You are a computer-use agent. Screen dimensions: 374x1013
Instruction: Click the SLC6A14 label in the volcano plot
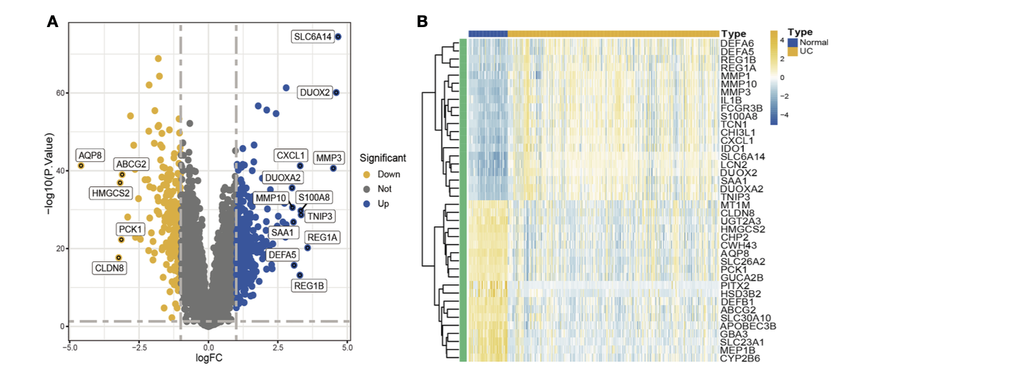pyautogui.click(x=313, y=37)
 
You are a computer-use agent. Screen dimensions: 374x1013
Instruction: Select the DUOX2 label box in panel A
pyautogui.click(x=314, y=93)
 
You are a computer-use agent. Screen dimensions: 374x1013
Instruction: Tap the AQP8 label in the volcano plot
pyautogui.click(x=90, y=155)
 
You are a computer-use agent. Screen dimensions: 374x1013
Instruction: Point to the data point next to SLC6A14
pyautogui.click(x=338, y=37)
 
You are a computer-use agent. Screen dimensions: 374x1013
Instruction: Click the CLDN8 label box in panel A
pyautogui.click(x=110, y=268)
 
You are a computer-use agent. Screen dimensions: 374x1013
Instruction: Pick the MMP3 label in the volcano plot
pyautogui.click(x=329, y=158)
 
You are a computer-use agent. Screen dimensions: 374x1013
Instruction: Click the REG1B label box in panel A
pyautogui.click(x=309, y=286)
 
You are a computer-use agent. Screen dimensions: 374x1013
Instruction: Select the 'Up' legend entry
pyautogui.click(x=383, y=204)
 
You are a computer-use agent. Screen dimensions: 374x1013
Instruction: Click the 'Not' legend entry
pyautogui.click(x=385, y=189)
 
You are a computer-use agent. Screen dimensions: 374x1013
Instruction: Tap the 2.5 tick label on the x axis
pyautogui.click(x=278, y=348)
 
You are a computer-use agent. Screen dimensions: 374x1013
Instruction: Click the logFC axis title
pyautogui.click(x=209, y=358)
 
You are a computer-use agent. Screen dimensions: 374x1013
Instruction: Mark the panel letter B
pyautogui.click(x=422, y=21)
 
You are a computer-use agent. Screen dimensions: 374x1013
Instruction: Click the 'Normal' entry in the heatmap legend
pyautogui.click(x=814, y=43)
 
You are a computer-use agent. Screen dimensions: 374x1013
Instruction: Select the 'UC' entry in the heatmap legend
pyautogui.click(x=806, y=51)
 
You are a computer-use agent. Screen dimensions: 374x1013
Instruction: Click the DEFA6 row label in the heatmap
pyautogui.click(x=737, y=44)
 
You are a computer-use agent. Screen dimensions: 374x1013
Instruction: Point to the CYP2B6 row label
pyautogui.click(x=740, y=359)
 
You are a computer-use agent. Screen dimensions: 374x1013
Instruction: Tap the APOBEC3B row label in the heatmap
pyautogui.click(x=748, y=326)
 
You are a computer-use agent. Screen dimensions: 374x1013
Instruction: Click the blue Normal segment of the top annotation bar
pyautogui.click(x=488, y=34)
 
